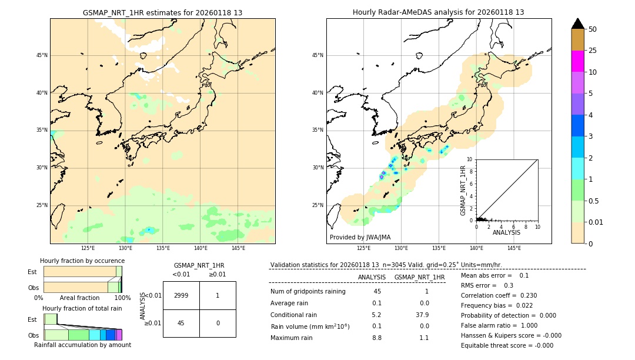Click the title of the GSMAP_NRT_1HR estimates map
pos(162,12)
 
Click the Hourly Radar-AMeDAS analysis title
pos(438,12)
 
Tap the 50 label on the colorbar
pos(593,29)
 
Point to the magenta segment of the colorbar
pos(577,61)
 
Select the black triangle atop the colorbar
pos(577,24)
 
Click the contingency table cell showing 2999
pos(181,295)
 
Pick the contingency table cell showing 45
pos(181,323)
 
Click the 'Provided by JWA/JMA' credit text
pos(360,237)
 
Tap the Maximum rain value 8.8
pos(377,338)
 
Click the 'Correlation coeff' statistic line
pos(499,295)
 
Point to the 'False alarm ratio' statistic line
pos(499,325)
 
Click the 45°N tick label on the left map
pos(42,55)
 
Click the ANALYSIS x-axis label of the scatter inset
pos(506,232)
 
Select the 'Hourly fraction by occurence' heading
pos(82,261)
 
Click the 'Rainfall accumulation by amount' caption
pos(82,345)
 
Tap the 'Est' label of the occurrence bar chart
pos(32,272)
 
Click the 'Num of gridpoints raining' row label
pos(308,292)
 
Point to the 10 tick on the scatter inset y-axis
pos(470,159)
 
